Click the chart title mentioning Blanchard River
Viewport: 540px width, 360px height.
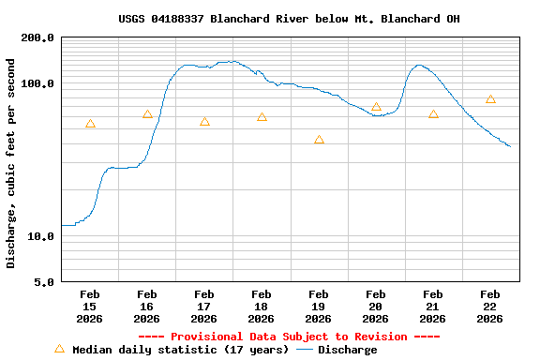click(289, 19)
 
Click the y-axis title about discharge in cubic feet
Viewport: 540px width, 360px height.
click(11, 163)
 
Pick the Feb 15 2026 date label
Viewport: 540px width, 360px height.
click(90, 307)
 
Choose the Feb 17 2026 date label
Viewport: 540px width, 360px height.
click(204, 307)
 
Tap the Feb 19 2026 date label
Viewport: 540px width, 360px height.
click(319, 307)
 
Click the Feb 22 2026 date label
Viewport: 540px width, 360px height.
click(490, 307)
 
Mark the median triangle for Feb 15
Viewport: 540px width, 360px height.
click(90, 124)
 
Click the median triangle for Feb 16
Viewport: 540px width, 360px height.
click(147, 114)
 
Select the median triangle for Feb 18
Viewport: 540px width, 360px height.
click(262, 117)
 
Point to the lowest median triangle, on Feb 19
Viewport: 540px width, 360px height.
click(319, 140)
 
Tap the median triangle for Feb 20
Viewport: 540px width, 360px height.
click(376, 107)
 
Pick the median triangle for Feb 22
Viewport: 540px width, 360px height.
click(490, 99)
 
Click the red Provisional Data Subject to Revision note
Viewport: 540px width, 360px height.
click(289, 337)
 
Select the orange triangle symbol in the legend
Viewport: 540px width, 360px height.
click(59, 349)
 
